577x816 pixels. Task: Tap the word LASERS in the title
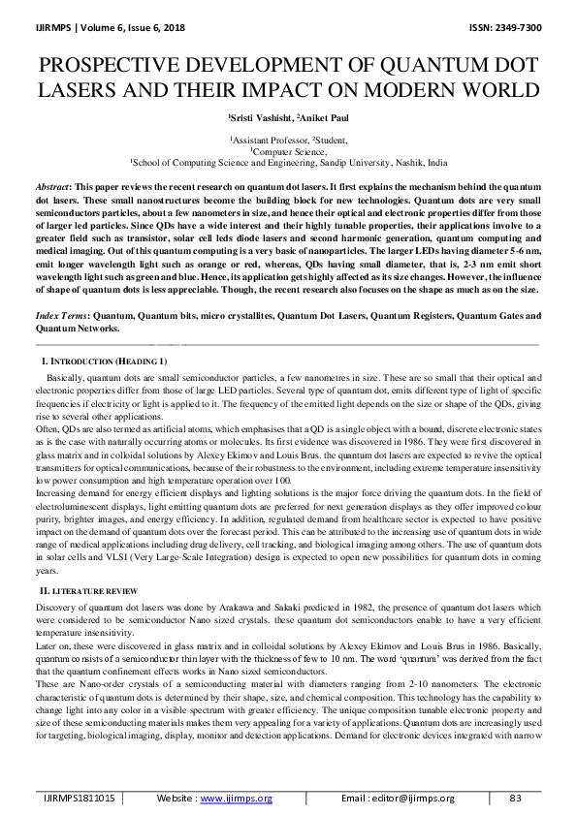[81, 92]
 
